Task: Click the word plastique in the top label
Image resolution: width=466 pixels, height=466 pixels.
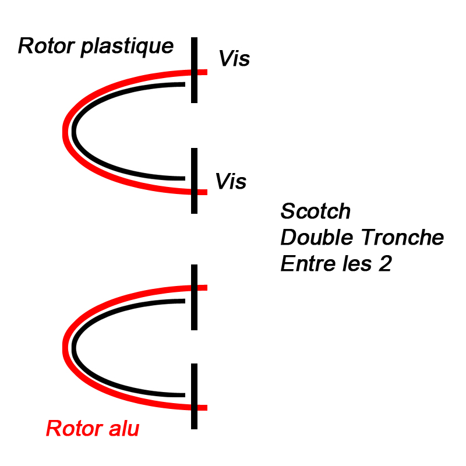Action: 127,47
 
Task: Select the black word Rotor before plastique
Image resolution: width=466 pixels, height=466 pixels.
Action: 47,46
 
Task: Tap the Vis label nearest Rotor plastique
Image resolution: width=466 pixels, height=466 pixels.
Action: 234,59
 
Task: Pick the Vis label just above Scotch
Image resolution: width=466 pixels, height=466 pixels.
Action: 231,182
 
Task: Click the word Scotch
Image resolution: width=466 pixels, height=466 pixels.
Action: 316,211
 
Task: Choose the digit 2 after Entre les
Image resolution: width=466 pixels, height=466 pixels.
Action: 384,264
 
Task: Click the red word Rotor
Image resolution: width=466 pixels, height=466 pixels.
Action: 70,429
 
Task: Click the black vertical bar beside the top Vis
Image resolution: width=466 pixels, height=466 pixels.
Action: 195,70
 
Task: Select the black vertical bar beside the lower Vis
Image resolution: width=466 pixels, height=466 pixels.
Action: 195,181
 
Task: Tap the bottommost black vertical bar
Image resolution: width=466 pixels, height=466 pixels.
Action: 195,396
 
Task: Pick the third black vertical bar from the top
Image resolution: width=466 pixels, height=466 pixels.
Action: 195,297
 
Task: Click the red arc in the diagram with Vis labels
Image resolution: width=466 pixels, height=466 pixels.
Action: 65,131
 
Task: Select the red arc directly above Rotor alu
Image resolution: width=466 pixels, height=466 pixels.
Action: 65,348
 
